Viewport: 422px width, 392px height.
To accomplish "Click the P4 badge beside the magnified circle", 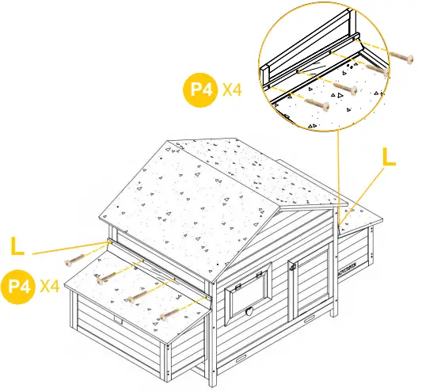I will click(199, 90).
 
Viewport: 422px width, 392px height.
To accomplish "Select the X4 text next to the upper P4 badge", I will click(231, 90).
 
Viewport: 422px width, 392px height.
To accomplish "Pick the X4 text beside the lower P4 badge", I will click(50, 286).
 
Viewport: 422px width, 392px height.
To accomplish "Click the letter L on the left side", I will click(17, 245).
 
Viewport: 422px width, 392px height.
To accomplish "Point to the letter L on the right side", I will click(388, 156).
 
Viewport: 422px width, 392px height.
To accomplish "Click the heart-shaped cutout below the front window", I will click(250, 310).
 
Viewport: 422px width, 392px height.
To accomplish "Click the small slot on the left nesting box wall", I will click(118, 321).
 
